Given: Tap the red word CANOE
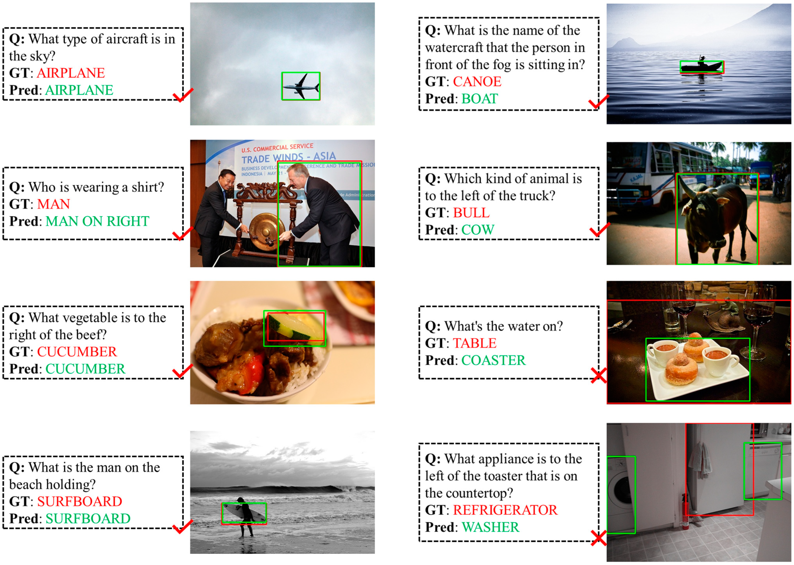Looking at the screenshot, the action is pos(477,82).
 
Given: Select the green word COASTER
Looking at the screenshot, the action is pos(493,360).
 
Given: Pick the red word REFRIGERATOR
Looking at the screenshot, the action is pos(505,510).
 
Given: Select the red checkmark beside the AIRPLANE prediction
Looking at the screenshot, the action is pos(183,95).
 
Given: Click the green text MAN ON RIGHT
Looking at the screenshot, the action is pos(97,221).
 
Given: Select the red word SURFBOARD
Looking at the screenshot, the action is pos(80,502).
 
